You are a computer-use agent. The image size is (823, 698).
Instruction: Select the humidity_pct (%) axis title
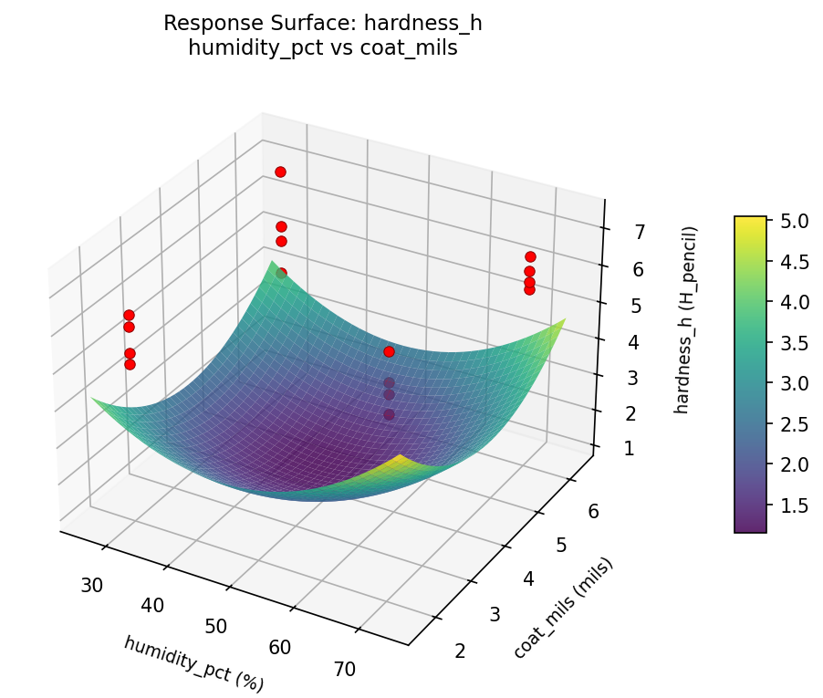point(194,663)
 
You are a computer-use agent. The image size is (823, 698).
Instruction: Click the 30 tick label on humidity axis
point(91,585)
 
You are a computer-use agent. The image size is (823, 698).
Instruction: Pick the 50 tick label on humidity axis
point(215,626)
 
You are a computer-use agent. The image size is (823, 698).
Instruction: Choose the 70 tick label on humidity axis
point(344,669)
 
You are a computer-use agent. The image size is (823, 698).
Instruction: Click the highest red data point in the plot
point(280,172)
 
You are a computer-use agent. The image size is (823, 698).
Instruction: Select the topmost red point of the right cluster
point(530,256)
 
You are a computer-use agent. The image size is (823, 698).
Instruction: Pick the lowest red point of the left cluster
point(130,364)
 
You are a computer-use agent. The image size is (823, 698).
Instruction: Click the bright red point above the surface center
point(389,351)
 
